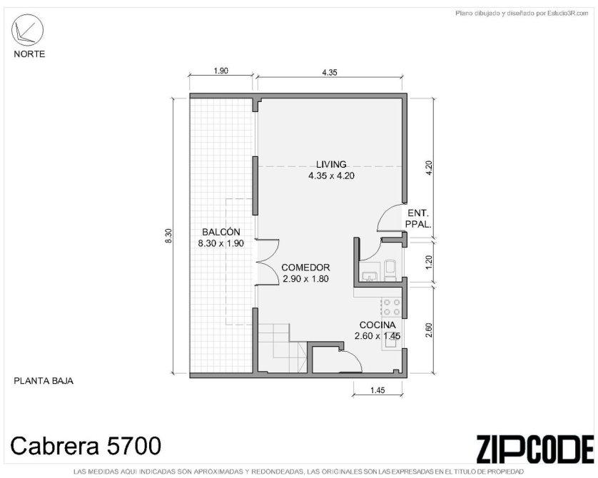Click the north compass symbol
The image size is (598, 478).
(27, 30)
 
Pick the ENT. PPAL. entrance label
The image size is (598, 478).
(418, 219)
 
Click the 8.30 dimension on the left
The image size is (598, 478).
(169, 236)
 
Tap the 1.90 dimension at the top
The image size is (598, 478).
(221, 71)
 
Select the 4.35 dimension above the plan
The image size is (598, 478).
(329, 73)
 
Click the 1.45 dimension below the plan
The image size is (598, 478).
(377, 390)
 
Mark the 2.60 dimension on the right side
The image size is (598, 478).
(428, 330)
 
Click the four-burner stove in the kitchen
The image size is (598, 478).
(392, 307)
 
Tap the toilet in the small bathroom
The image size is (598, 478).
(390, 269)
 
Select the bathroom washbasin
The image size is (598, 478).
(369, 275)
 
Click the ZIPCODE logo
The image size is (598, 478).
(535, 449)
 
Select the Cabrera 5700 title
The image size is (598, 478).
(86, 446)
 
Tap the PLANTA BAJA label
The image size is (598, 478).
(44, 381)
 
